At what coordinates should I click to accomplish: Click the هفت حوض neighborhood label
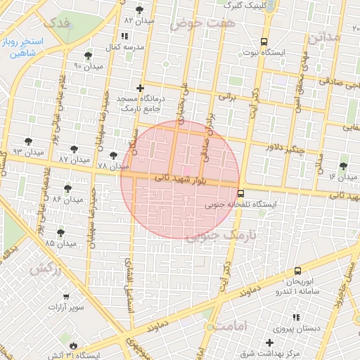(195, 23)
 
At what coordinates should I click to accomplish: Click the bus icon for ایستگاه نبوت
(264, 41)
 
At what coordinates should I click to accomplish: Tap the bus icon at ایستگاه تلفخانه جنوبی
(240, 193)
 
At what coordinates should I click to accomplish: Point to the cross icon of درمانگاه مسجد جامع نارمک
(141, 89)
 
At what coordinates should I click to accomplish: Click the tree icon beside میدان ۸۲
(140, 9)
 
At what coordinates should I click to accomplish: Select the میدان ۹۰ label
(88, 67)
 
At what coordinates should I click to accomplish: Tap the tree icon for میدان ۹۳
(28, 141)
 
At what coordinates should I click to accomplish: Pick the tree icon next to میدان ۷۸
(113, 155)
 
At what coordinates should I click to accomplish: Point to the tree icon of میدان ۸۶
(67, 188)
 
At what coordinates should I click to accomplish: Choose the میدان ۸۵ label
(60, 243)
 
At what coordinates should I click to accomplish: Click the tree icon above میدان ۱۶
(342, 166)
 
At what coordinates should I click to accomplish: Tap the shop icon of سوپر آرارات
(66, 297)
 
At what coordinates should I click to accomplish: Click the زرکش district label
(46, 269)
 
